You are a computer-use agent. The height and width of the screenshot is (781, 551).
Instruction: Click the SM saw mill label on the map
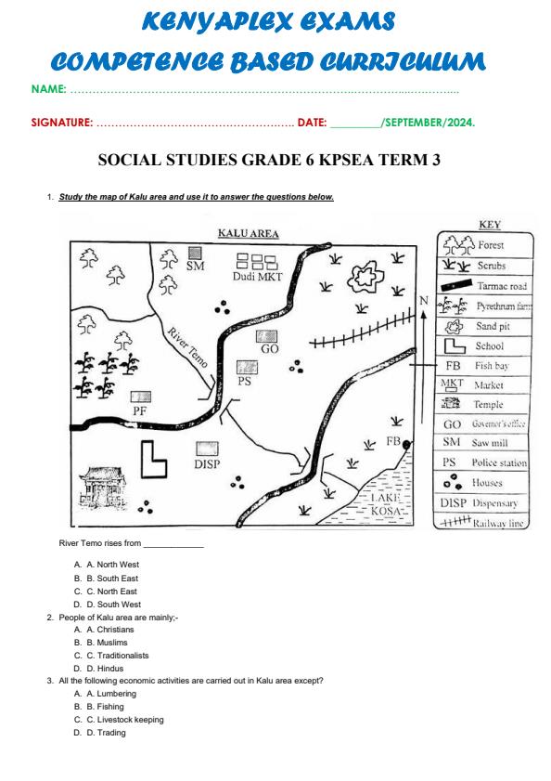coord(195,266)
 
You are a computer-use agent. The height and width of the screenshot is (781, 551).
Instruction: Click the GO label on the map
coord(270,349)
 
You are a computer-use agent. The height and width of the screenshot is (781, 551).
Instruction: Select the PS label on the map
coord(245,381)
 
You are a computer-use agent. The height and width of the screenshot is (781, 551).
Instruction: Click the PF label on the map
coord(141,410)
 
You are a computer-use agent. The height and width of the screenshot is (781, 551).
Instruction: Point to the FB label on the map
coord(394,442)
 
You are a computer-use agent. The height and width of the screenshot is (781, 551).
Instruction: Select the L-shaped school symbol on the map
coord(153,461)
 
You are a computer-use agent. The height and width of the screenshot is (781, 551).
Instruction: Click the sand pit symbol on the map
coord(363,276)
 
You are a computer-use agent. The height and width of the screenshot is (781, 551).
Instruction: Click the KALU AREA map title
coord(248,234)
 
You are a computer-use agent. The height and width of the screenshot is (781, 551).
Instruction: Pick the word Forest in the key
coord(492,245)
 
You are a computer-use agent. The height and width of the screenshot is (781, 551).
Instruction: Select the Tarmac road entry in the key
coord(501,286)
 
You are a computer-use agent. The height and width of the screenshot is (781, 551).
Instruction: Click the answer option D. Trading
coord(106,732)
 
